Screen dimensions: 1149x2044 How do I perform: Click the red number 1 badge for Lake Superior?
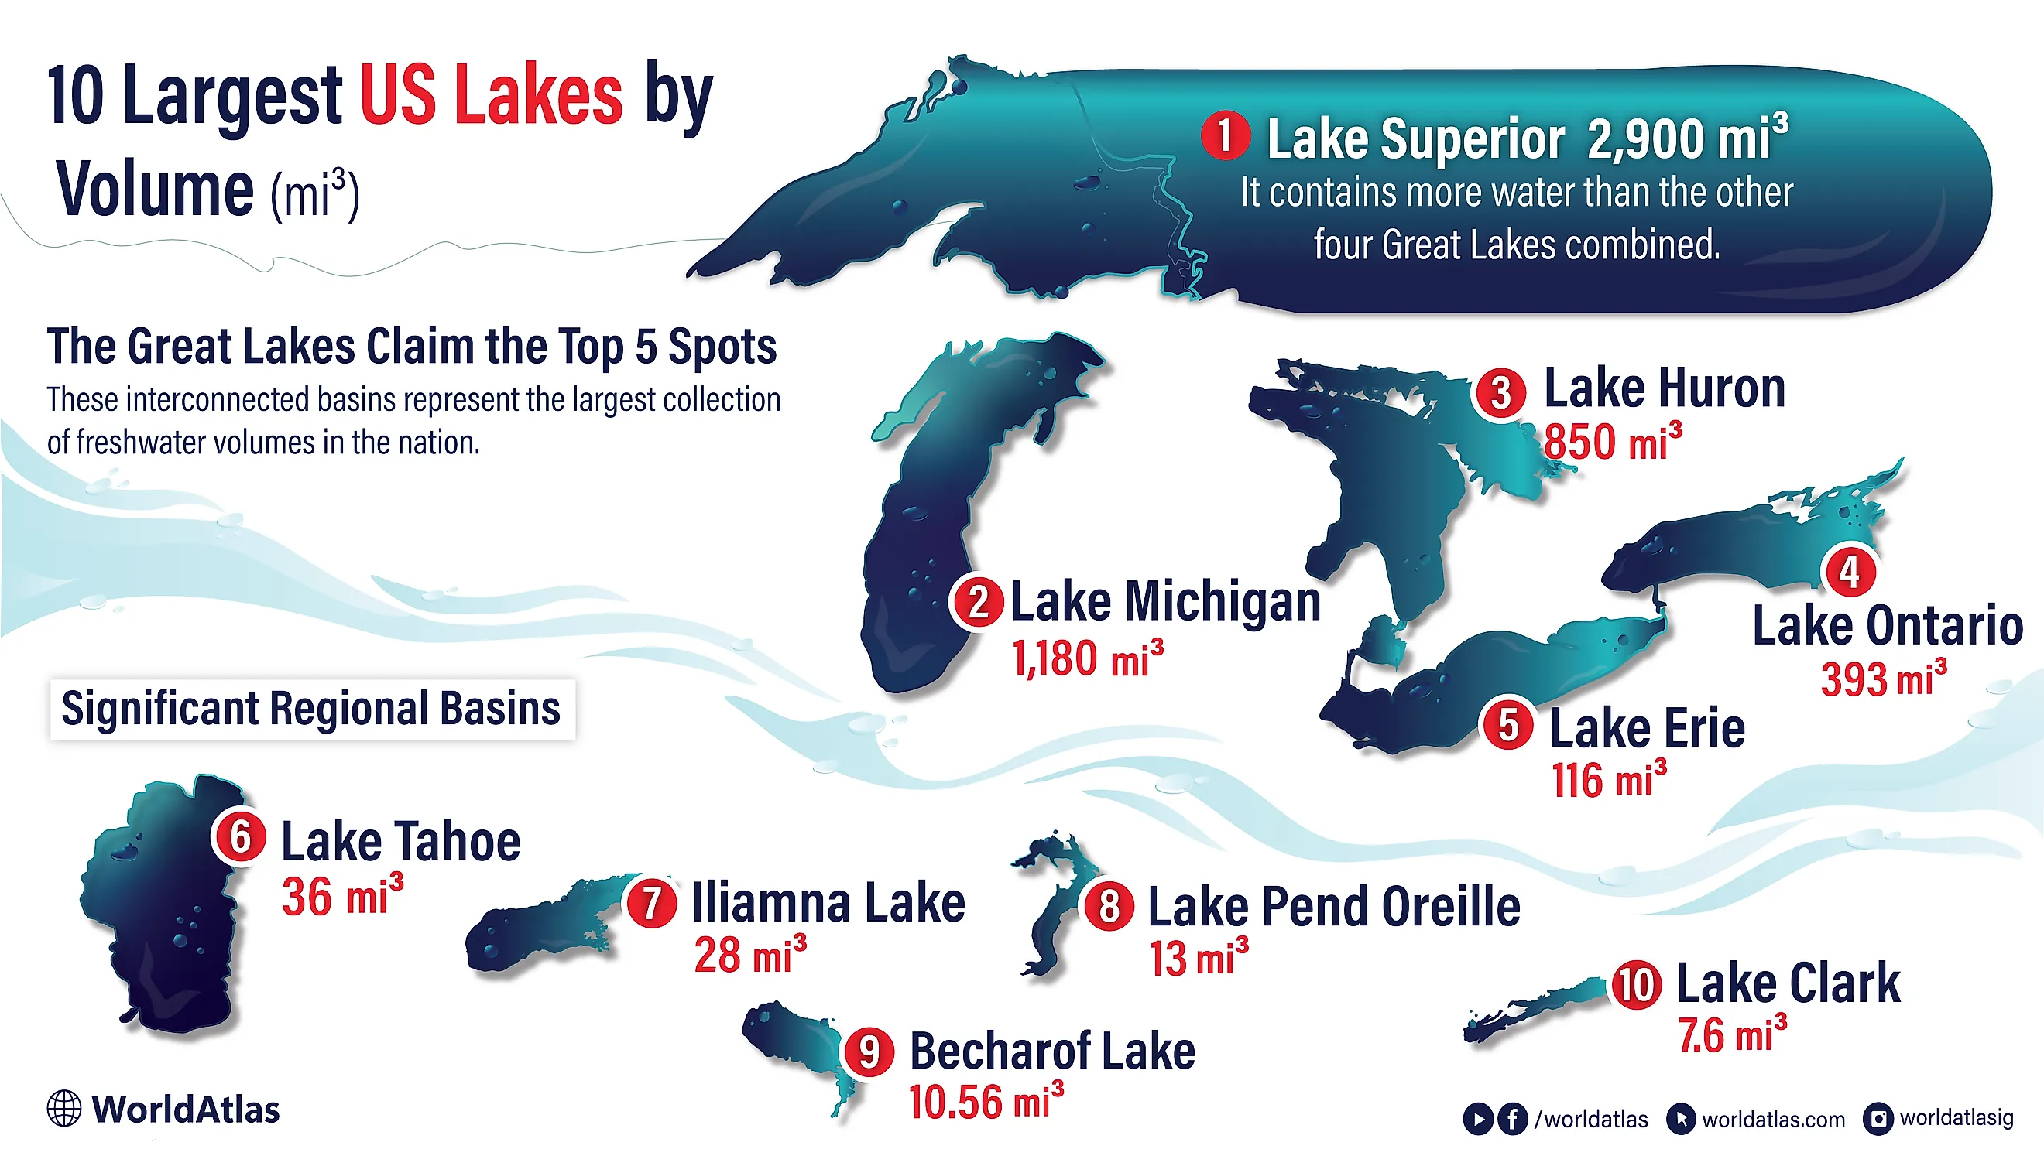pyautogui.click(x=1224, y=135)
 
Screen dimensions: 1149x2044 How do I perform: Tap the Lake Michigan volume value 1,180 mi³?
pyautogui.click(x=1087, y=659)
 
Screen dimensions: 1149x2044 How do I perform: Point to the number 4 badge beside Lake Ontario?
pyautogui.click(x=1850, y=572)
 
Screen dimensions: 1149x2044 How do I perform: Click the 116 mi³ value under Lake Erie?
pyautogui.click(x=1608, y=780)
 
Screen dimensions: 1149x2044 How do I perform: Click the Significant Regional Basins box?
pyautogui.click(x=312, y=709)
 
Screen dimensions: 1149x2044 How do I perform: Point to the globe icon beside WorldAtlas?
pyautogui.click(x=63, y=1109)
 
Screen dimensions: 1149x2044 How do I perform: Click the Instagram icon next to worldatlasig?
pyautogui.click(x=1878, y=1119)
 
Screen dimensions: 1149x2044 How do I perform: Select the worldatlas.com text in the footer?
pyautogui.click(x=1773, y=1120)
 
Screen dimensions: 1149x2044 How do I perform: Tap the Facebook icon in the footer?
pyautogui.click(x=1512, y=1119)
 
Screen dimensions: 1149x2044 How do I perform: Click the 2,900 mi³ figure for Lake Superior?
pyautogui.click(x=1687, y=138)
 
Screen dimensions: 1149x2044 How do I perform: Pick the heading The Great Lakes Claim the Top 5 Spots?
pyautogui.click(x=412, y=347)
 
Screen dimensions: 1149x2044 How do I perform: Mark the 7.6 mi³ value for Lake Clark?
pyautogui.click(x=1732, y=1034)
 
